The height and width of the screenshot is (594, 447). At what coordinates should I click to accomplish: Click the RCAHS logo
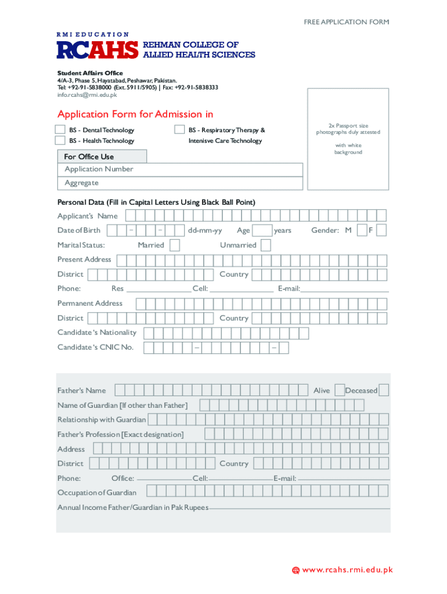pyautogui.click(x=98, y=50)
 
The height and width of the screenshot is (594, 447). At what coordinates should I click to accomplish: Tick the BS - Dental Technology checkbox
pyautogui.click(x=60, y=130)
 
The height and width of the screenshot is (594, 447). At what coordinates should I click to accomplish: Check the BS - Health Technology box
pyautogui.click(x=60, y=140)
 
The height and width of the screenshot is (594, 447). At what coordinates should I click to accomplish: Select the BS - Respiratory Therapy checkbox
pyautogui.click(x=179, y=130)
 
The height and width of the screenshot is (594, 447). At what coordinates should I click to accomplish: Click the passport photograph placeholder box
pyautogui.click(x=348, y=139)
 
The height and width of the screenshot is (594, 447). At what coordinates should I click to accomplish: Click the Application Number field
pyautogui.click(x=180, y=169)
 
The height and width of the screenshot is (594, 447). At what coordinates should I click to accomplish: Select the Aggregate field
pyautogui.click(x=180, y=183)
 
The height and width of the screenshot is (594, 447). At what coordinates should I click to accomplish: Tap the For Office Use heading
pyautogui.click(x=102, y=157)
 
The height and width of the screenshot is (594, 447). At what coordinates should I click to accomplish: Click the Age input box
pyautogui.click(x=263, y=231)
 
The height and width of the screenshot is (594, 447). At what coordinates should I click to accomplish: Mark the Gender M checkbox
pyautogui.click(x=362, y=230)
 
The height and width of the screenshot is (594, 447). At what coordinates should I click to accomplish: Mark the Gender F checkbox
pyautogui.click(x=381, y=230)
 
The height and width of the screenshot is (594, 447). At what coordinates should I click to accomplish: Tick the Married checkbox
pyautogui.click(x=174, y=245)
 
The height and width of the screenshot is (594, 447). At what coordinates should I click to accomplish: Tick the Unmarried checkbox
pyautogui.click(x=265, y=245)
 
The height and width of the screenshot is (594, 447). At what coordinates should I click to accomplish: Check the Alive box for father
pyautogui.click(x=340, y=391)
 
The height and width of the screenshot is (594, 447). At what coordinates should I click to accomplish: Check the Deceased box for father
pyautogui.click(x=384, y=391)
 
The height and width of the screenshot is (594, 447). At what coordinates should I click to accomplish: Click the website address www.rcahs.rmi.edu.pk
pyautogui.click(x=347, y=570)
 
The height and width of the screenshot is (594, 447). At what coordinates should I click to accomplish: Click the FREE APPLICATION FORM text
pyautogui.click(x=346, y=22)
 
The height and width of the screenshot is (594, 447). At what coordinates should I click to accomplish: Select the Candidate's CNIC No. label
pyautogui.click(x=95, y=347)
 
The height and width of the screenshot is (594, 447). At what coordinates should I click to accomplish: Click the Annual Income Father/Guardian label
pyautogui.click(x=132, y=508)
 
